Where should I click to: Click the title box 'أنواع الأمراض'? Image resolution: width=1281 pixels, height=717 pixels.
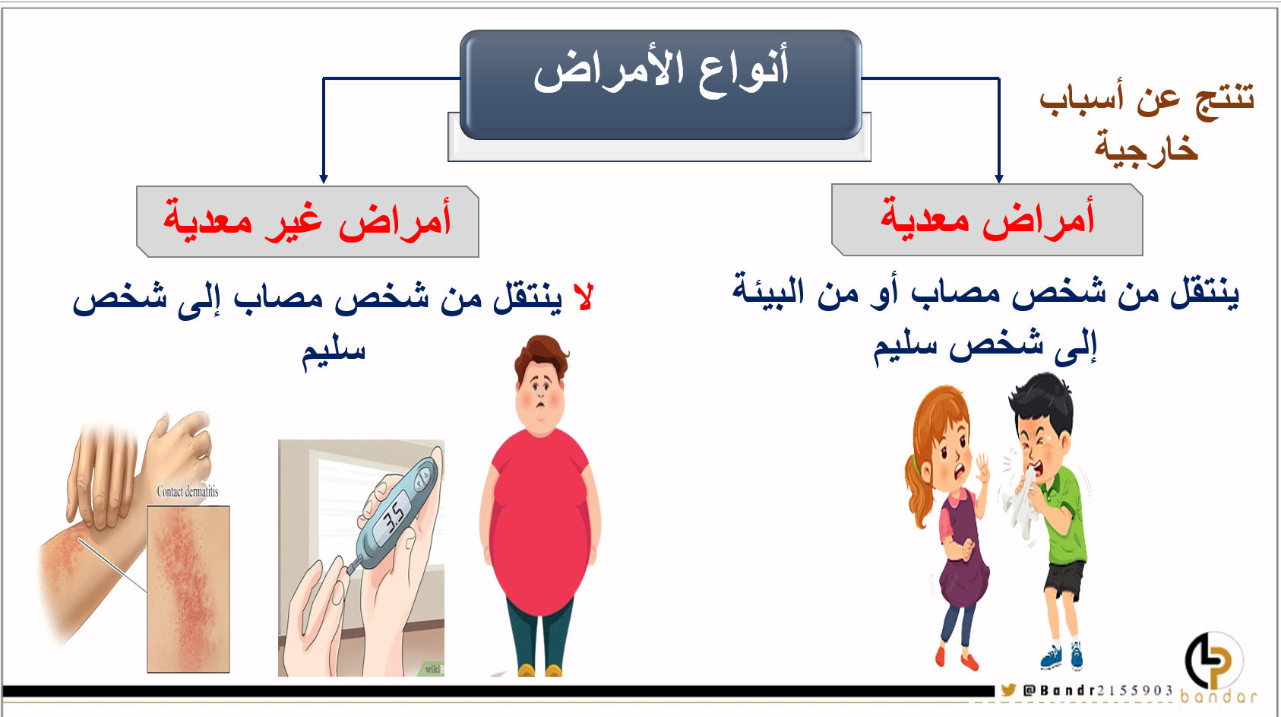coord(660,84)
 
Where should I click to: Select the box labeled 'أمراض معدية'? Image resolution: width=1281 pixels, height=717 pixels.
coord(987,220)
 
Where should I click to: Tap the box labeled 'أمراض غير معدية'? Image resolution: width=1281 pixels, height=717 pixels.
coord(308,221)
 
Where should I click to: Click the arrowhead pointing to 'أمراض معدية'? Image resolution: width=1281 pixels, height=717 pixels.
coord(999,179)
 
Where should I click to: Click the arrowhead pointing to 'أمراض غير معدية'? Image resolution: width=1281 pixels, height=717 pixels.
coord(324,179)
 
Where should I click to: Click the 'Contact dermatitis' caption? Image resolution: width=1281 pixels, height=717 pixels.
coord(188,491)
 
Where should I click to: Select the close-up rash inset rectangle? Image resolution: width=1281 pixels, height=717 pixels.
coord(188,589)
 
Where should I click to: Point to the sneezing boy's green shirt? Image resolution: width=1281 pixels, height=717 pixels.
coord(1064,515)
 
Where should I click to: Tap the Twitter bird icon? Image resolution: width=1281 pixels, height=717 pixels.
coord(1008,690)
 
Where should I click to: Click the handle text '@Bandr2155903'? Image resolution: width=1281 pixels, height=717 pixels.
coord(1098,690)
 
